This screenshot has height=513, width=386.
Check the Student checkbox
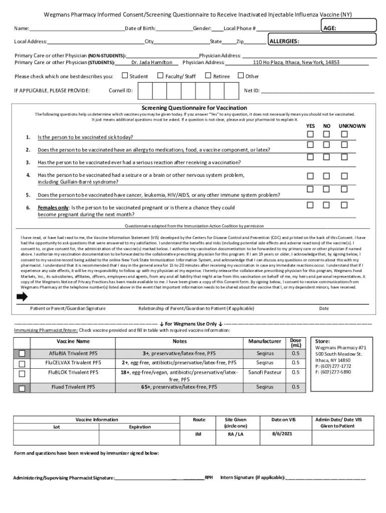tap(125, 76)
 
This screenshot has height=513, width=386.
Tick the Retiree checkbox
tap(208, 76)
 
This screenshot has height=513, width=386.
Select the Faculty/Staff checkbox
tap(160, 76)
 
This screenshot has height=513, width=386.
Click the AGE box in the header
tap(348, 28)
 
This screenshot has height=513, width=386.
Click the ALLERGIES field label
tap(285, 41)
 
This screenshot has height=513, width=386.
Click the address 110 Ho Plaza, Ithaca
tap(296, 63)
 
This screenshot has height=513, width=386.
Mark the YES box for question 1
tap(311, 134)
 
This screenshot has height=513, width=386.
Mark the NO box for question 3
tap(327, 157)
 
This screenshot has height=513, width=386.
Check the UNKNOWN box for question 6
tap(344, 205)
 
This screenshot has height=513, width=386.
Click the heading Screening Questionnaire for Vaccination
tap(194, 108)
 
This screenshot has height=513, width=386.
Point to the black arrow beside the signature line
tap(22, 297)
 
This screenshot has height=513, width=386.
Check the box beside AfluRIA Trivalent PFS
tap(22, 354)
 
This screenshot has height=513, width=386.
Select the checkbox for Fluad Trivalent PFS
tap(22, 388)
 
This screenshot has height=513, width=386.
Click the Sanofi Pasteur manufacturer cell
tap(265, 372)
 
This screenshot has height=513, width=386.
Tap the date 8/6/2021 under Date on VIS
tap(282, 434)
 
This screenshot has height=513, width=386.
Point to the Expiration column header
tap(139, 427)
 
